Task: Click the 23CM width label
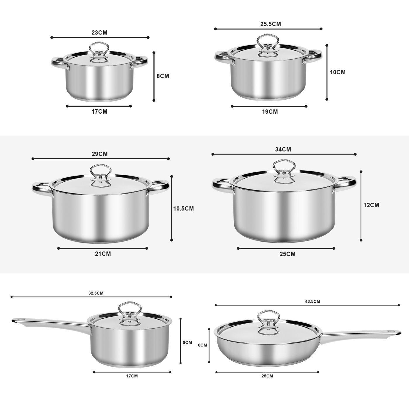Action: (99, 32)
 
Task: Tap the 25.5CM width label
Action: (271, 24)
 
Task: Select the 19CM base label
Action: (270, 112)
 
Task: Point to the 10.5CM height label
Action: (183, 209)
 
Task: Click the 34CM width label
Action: (283, 149)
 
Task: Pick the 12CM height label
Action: (371, 205)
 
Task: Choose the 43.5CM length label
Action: (312, 301)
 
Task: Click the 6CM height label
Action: (202, 345)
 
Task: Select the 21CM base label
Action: (103, 254)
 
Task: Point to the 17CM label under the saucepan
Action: (132, 376)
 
